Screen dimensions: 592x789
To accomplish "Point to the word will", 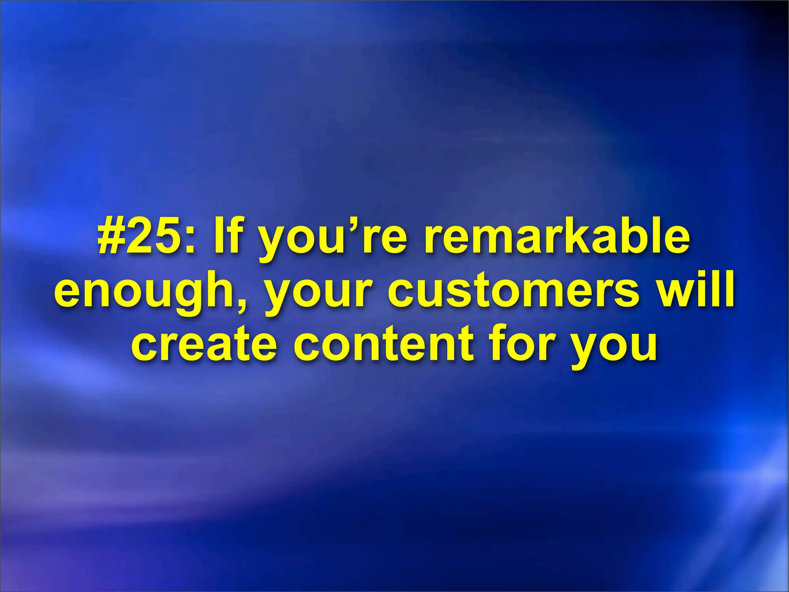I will pos(694,289).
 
